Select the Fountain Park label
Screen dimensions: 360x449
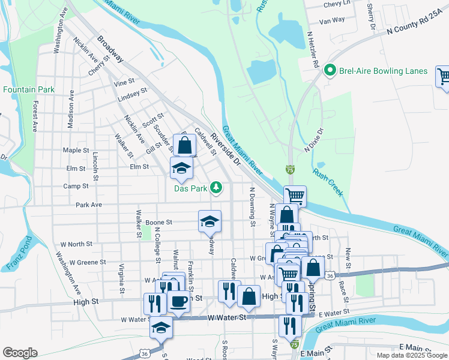(x=29, y=89)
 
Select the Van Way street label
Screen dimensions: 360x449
(x=332, y=20)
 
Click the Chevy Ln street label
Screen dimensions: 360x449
(x=337, y=4)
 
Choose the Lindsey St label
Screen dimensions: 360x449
(x=133, y=94)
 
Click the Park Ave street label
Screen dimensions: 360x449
(x=89, y=205)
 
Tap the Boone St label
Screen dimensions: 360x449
(x=159, y=222)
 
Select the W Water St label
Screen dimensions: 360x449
(x=228, y=318)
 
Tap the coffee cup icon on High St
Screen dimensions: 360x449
(x=178, y=301)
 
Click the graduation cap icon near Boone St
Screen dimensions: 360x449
(x=209, y=221)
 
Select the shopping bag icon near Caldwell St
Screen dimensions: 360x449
(x=185, y=145)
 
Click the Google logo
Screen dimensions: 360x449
(x=20, y=353)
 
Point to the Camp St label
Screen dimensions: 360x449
(x=76, y=187)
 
